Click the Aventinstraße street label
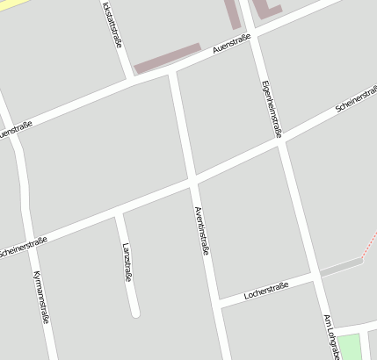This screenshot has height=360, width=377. (201, 229)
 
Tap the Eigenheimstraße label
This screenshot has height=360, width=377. (272, 109)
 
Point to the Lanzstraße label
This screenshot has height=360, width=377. (127, 262)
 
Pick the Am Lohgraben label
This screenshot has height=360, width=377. (331, 337)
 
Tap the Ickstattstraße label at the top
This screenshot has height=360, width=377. (111, 22)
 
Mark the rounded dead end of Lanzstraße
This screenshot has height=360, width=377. (134, 312)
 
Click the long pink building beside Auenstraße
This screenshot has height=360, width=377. (167, 57)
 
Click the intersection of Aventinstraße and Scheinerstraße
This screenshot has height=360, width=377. (192, 182)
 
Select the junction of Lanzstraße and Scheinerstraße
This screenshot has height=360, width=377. (119, 214)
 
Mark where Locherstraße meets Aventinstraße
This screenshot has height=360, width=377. (217, 304)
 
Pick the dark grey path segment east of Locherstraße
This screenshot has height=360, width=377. (341, 267)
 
